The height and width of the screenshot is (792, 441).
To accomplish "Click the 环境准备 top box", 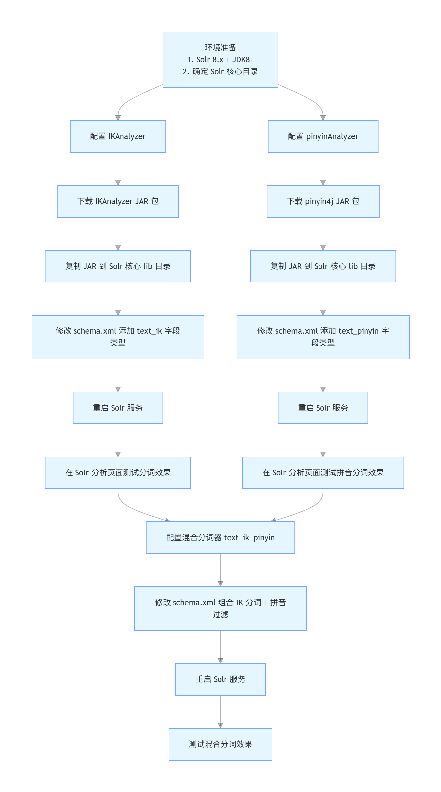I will point(220,60).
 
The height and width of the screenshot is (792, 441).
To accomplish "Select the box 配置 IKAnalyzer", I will point(118,136).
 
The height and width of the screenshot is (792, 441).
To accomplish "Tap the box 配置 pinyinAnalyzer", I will point(323,136).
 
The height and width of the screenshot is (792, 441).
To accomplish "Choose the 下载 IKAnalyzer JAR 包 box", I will point(118,201).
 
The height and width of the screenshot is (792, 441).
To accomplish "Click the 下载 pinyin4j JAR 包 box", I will point(323,201).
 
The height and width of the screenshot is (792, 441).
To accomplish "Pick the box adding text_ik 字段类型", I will point(118,337).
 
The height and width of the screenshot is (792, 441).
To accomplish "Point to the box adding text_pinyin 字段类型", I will point(323,337).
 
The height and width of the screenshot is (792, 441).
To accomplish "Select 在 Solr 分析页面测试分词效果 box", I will point(118,472).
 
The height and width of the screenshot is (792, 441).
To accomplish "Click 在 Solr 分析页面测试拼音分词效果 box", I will point(323,472).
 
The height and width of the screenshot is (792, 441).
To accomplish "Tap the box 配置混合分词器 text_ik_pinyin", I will point(220,537).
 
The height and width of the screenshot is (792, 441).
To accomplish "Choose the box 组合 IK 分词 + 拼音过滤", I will point(220,608).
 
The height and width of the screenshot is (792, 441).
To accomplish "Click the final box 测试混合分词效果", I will point(220,744).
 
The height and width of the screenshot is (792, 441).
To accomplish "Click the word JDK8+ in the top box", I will point(243,60).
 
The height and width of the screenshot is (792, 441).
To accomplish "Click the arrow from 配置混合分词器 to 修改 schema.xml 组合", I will point(220,569).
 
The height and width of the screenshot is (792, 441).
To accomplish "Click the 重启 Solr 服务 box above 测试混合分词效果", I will point(220,679).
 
